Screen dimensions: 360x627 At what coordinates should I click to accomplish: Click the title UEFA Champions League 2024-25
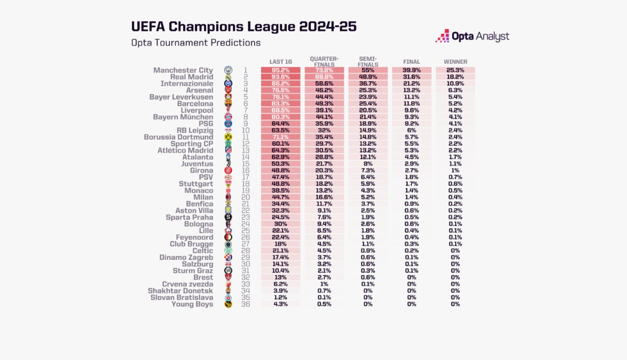244,26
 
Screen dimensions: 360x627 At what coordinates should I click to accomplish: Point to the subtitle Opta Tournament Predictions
196,43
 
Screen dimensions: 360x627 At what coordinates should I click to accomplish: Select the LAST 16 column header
280,62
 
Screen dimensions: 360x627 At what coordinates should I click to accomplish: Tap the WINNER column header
456,62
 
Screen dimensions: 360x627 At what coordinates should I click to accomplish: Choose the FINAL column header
411,62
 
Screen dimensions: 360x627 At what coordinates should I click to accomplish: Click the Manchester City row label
183,70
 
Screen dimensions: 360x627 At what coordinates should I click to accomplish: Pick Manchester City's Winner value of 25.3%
456,70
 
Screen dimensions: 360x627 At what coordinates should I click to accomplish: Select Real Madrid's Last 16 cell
280,77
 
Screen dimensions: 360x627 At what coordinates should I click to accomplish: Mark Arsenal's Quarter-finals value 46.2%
324,90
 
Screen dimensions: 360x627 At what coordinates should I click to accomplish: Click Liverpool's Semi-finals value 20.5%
368,111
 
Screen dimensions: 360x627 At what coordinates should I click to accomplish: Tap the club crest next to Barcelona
228,104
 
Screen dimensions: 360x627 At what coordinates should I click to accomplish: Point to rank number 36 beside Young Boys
245,304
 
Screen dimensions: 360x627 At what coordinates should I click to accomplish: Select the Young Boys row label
192,304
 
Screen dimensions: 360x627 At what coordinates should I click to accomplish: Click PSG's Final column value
411,124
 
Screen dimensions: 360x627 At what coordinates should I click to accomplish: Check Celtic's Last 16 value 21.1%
280,251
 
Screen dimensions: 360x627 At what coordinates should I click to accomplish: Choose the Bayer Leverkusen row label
181,97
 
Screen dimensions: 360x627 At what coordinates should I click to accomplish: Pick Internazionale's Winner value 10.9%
456,84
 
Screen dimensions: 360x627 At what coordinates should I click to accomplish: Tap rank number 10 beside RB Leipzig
245,130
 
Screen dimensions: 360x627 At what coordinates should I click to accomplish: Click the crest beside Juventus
228,164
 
